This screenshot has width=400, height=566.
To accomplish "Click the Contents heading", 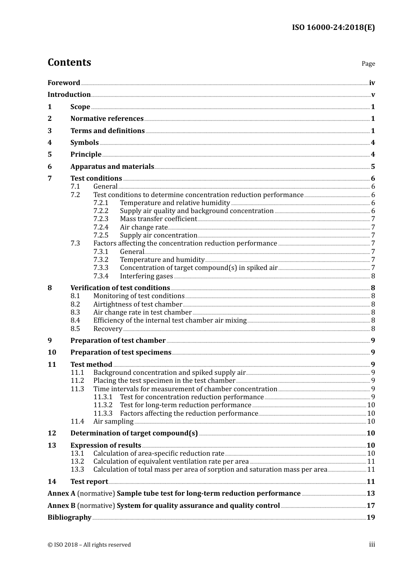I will (x=69, y=62).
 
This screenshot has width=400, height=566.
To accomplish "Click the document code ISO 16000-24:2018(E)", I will (x=333, y=27).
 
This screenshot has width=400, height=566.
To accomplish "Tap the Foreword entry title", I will (x=64, y=83).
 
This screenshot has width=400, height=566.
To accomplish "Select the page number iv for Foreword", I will (x=372, y=83).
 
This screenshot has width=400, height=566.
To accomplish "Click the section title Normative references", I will (x=107, y=119).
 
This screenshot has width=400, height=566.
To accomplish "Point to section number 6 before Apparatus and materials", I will (x=50, y=167).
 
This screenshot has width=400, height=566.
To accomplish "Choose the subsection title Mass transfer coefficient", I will (x=158, y=219).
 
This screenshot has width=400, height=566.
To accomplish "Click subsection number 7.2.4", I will (x=101, y=227).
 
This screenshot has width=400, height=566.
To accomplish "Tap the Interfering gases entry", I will (x=146, y=276).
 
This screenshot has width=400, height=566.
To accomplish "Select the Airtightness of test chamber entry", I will (x=138, y=304).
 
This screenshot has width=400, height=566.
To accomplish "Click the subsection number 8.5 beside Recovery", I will (x=75, y=329).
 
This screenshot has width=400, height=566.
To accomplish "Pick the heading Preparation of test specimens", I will (x=121, y=352).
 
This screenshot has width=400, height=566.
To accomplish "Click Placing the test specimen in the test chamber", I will (x=164, y=381).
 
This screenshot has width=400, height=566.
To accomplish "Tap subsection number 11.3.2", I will (x=103, y=405).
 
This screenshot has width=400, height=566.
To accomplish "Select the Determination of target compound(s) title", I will (x=134, y=433).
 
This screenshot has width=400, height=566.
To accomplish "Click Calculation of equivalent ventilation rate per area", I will (x=171, y=462).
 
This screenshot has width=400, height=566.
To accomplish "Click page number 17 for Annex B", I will (x=371, y=506).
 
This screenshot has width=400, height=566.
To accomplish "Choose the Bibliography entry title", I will (x=69, y=518).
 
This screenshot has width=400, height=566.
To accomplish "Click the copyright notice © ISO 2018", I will (x=89, y=545).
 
